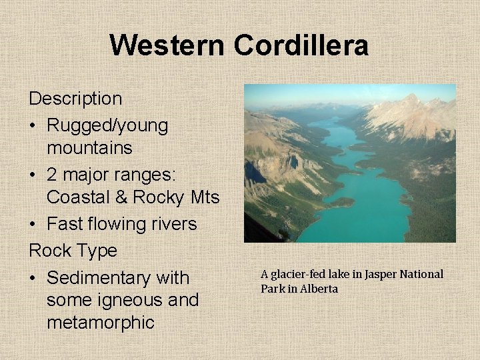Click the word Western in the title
click(168, 46)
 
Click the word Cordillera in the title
click(301, 46)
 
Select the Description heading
click(75, 99)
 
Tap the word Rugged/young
click(107, 125)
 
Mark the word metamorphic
click(101, 323)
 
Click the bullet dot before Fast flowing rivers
click(33, 225)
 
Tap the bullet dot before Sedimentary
click(33, 278)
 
